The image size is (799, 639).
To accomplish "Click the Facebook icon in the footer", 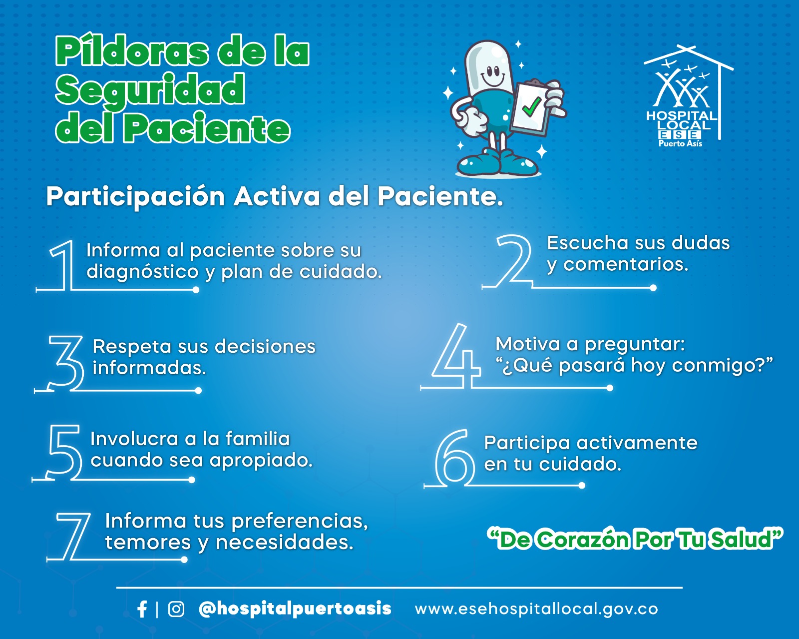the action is [x=142, y=610].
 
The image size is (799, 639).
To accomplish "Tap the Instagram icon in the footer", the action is [x=176, y=610].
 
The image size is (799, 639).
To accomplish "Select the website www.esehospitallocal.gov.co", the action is [x=536, y=610].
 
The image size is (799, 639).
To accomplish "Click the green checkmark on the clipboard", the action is [x=531, y=106].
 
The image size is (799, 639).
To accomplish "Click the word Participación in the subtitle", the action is [x=135, y=196].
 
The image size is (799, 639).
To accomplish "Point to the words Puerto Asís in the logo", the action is [x=680, y=143].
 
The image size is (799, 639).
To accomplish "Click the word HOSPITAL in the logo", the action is [x=682, y=116].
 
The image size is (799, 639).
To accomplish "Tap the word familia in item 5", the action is [x=258, y=439].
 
